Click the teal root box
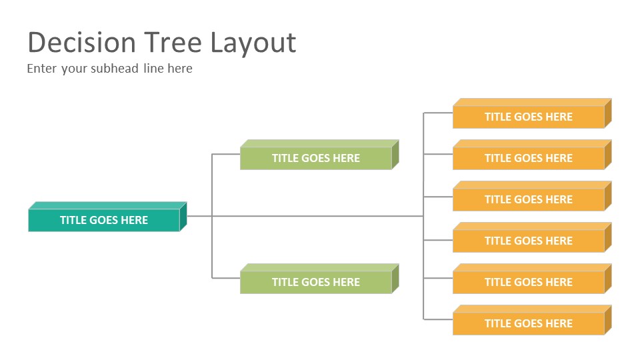pos(107,217)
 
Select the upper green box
pos(319,155)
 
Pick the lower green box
pos(319,279)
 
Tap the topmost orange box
pos(532,113)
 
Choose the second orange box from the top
pos(532,155)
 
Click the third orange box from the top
pos(532,196)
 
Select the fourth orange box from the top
pos(532,237)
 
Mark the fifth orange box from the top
pos(532,279)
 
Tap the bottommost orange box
pos(532,320)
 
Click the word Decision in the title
pos(81,43)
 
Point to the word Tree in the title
pos(173,43)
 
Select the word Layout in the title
pos(253,44)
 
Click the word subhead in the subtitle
pos(115,68)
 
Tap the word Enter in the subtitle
pos(41,68)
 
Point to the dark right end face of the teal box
pos(183,217)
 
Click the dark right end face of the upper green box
pos(395,155)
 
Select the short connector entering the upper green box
pos(226,154)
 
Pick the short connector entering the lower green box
pos(226,279)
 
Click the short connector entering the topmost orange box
pos(438,113)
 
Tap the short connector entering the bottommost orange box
pos(438,319)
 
